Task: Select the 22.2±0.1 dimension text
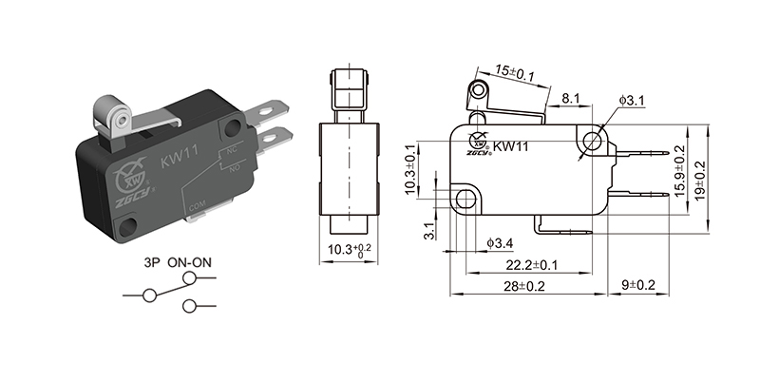pos(531,264)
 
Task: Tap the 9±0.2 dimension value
pos(638,284)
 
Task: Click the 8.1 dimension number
pos(572,98)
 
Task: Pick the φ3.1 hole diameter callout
pos(632,100)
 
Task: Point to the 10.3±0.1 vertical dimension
pos(410,172)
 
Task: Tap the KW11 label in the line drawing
pos(511,146)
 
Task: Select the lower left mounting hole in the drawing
pos(465,199)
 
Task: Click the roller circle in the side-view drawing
pos(477,92)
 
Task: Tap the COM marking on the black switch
pos(199,205)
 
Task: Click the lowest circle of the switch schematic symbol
pos(190,305)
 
